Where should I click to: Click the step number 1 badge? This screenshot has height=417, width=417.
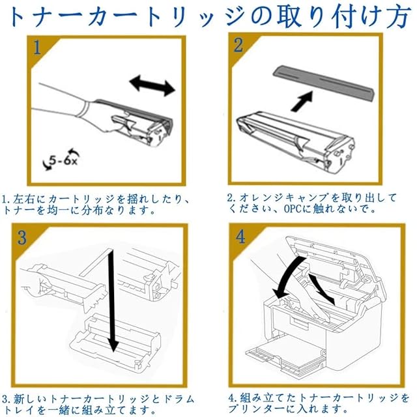click(x=37, y=48)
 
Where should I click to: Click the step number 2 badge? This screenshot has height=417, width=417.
click(x=239, y=45)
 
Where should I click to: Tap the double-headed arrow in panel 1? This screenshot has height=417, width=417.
click(x=152, y=85)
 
